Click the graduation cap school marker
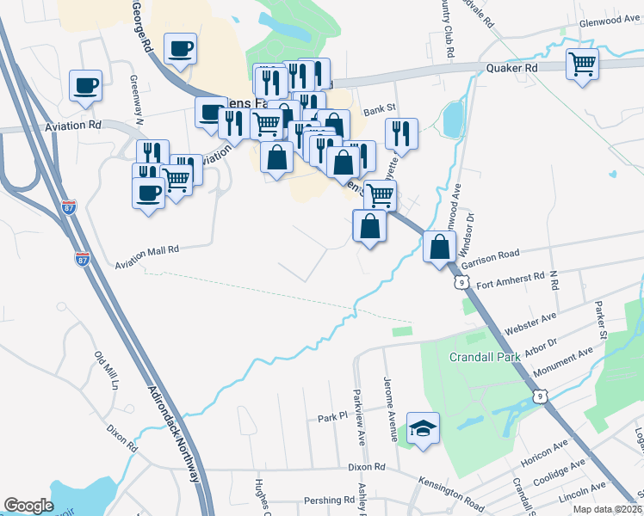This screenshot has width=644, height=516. [424, 427]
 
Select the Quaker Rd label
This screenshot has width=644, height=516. [511, 67]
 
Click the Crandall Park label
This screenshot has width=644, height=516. [480, 356]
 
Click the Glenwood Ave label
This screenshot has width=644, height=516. [609, 23]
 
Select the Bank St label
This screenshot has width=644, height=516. [379, 109]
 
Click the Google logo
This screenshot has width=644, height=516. [28, 506]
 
